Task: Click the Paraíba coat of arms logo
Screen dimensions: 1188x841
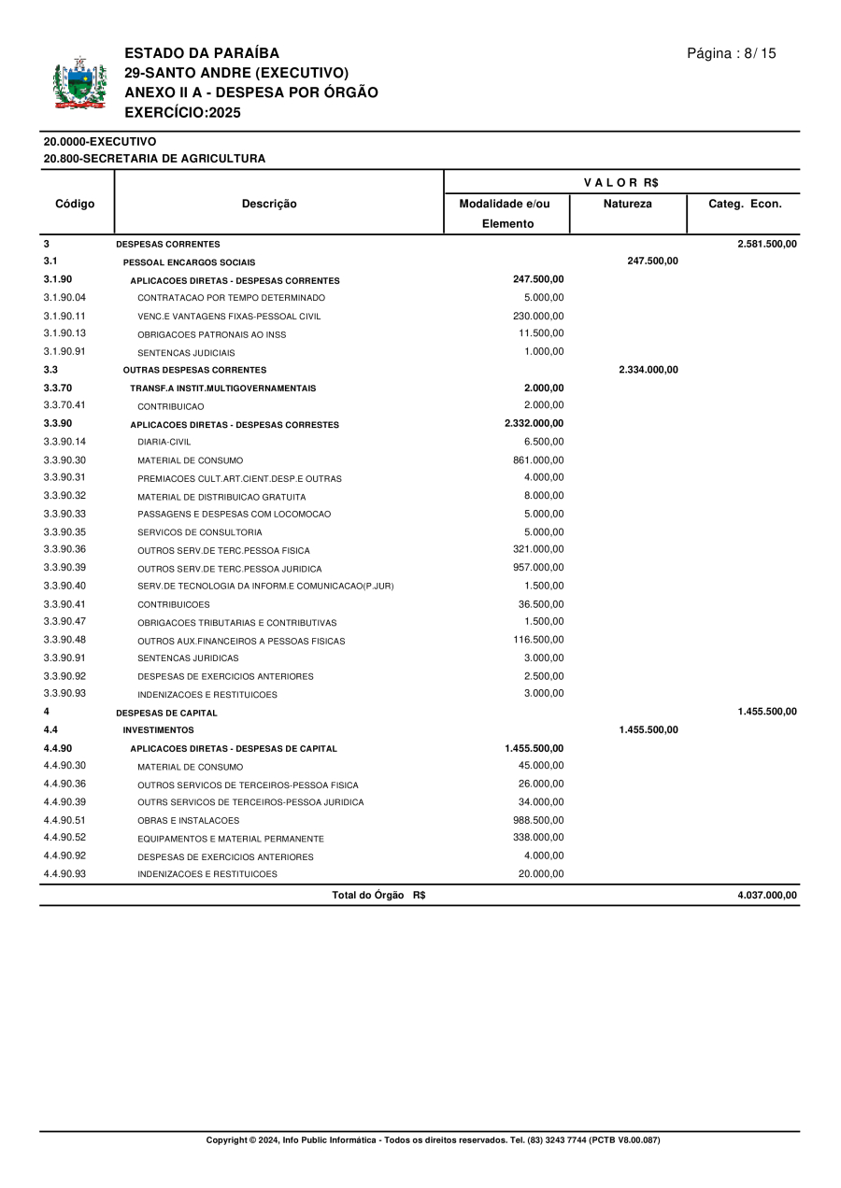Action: coord(79,84)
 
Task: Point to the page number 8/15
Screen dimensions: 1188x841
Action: coord(731,53)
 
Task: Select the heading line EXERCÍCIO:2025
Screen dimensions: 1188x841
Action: coord(182,113)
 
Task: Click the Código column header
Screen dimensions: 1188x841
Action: coord(75,204)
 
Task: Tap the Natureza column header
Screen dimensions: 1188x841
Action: coord(628,204)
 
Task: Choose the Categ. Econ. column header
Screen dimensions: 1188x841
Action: coord(745,204)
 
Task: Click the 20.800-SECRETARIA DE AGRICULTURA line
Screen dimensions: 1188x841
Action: coord(154,159)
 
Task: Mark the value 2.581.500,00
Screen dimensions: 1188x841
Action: coord(766,244)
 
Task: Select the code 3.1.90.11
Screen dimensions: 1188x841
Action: coord(64,316)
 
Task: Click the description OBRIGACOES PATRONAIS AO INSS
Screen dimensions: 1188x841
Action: coord(212,334)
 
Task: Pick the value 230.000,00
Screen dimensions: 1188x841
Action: coord(538,316)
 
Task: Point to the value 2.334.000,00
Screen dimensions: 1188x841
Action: coord(648,370)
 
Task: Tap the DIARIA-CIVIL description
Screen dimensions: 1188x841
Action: coord(164,442)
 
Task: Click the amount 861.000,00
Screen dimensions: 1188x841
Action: coord(538,460)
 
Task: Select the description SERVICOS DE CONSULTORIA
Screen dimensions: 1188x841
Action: coord(200,532)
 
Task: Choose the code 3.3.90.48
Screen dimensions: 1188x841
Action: coord(64,640)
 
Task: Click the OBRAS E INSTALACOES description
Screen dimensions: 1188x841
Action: coord(188,821)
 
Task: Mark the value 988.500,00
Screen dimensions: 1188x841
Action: coord(538,820)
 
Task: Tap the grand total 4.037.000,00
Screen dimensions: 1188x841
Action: coord(766,895)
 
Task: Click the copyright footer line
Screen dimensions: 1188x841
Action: coord(433,1140)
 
